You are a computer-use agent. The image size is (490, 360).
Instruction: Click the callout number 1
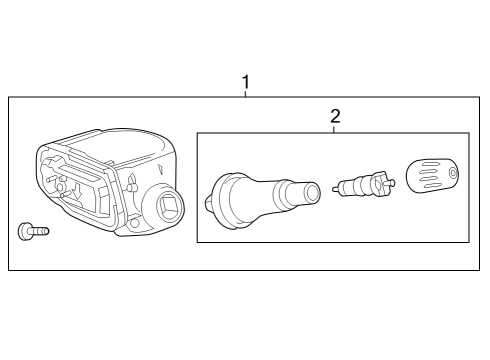coord(245,78)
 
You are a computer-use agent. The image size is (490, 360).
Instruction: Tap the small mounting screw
coord(33,231)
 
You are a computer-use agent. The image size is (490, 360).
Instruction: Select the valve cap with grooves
coord(433,177)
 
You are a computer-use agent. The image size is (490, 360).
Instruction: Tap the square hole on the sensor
coord(168,209)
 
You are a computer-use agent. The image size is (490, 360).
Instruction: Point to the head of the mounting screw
coord(24,231)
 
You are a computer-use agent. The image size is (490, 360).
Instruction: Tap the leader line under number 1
coord(245,91)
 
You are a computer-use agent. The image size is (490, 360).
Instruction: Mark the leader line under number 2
coord(334,126)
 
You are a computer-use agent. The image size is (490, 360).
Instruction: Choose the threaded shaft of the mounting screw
coord(39,231)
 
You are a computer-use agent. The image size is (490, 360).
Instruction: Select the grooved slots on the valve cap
coord(428,178)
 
